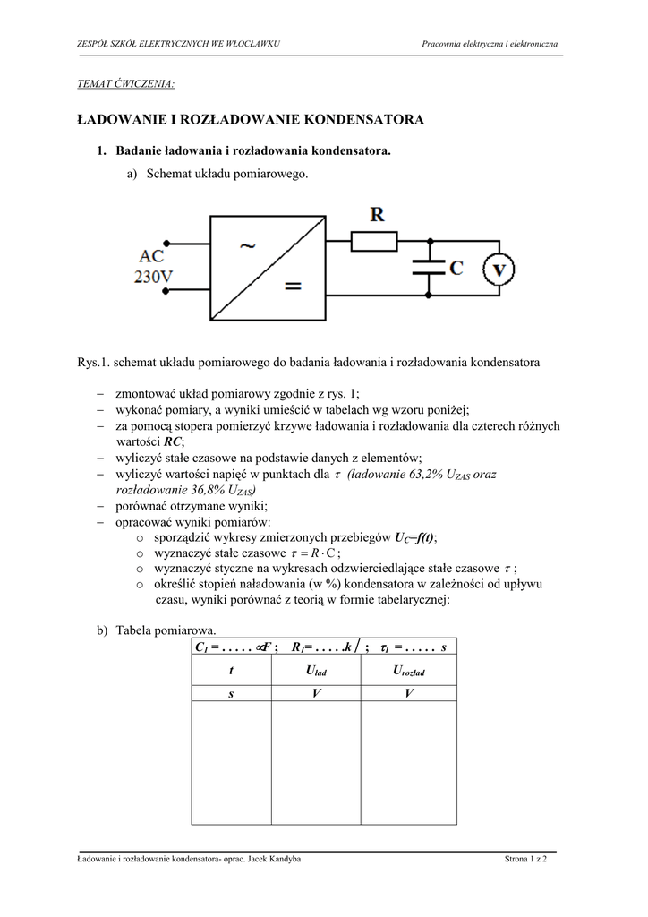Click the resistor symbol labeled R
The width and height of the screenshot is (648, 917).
pyautogui.click(x=373, y=241)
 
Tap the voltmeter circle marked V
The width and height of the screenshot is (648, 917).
pyautogui.click(x=500, y=268)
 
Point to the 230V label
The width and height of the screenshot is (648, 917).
pyautogui.click(x=153, y=277)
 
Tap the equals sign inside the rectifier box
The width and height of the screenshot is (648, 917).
pyautogui.click(x=293, y=287)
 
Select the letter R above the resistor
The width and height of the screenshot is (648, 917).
pyautogui.click(x=377, y=215)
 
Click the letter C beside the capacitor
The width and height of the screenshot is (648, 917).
pyautogui.click(x=456, y=267)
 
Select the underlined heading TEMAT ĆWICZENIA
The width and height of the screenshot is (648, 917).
pyautogui.click(x=126, y=84)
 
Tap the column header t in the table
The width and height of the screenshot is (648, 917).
pyautogui.click(x=231, y=671)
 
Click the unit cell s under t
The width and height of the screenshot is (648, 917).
pyautogui.click(x=231, y=694)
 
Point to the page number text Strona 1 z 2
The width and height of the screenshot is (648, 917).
pyautogui.click(x=525, y=860)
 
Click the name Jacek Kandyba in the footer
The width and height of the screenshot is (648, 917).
pyautogui.click(x=272, y=860)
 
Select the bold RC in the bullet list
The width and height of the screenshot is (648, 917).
pyautogui.click(x=174, y=441)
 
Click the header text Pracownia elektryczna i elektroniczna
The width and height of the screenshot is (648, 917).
pyautogui.click(x=490, y=45)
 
